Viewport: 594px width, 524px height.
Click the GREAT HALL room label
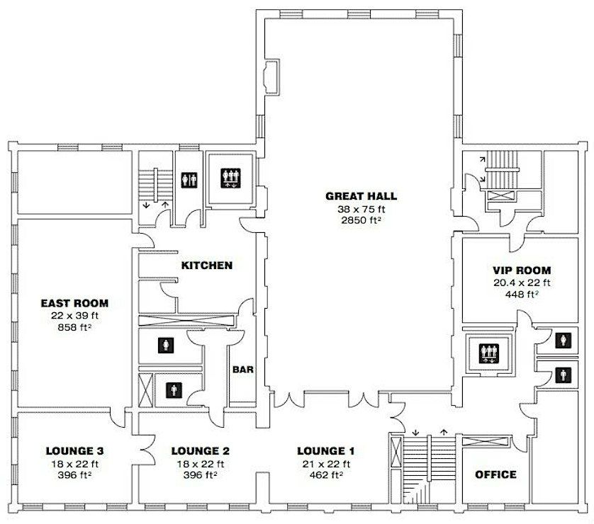[361, 196]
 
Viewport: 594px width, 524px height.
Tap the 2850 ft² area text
[361, 220]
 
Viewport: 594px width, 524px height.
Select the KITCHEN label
[207, 266]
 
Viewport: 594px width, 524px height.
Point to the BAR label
[243, 369]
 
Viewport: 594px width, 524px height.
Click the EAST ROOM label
[74, 303]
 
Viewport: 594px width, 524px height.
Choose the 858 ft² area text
[74, 327]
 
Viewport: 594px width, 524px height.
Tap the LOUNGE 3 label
[74, 451]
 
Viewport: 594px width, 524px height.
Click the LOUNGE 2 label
[201, 451]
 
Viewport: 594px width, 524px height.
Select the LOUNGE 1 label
[326, 451]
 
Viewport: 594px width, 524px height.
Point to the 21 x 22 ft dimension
[326, 464]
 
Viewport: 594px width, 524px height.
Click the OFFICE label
[495, 474]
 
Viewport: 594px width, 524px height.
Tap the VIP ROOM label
[522, 270]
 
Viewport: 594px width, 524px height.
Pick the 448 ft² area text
[522, 294]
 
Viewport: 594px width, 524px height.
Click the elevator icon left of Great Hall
[230, 178]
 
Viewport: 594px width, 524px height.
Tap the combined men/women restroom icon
[189, 181]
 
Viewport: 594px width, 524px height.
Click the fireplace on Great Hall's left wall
[272, 77]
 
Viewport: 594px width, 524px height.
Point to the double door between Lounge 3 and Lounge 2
[147, 450]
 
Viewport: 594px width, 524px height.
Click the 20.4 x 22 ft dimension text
[522, 283]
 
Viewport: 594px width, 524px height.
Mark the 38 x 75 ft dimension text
[361, 208]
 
